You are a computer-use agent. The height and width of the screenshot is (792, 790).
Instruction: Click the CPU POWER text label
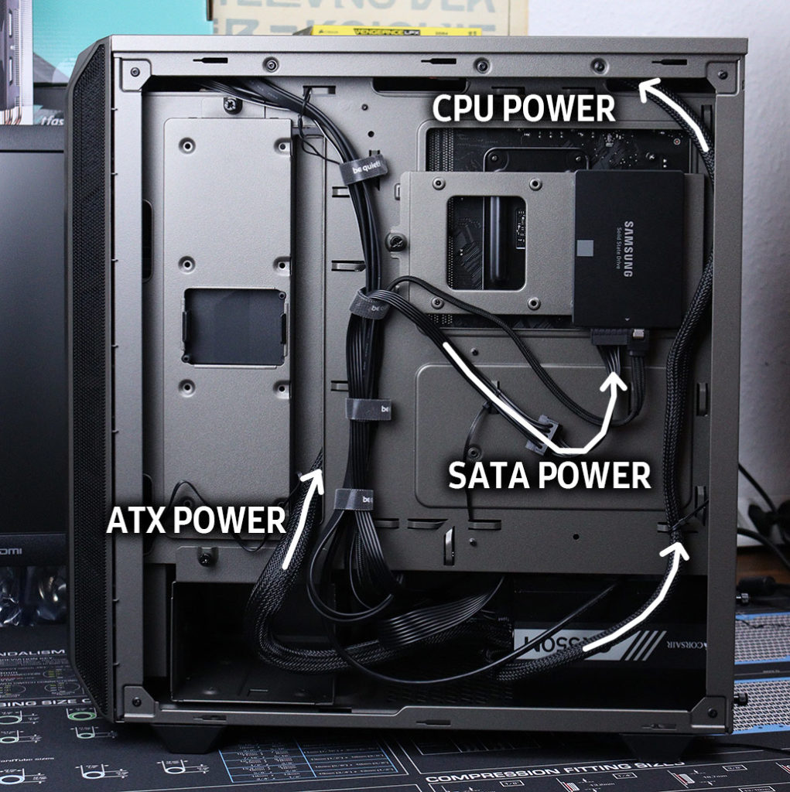524,108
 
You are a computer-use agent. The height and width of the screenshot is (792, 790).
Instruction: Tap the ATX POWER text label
196,521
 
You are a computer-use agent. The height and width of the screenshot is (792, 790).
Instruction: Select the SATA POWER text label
550,475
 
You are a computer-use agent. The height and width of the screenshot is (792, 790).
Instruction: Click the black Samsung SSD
629,247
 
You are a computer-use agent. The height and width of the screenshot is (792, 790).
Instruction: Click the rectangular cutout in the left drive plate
234,326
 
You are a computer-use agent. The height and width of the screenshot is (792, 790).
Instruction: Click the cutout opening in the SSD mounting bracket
486,242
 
